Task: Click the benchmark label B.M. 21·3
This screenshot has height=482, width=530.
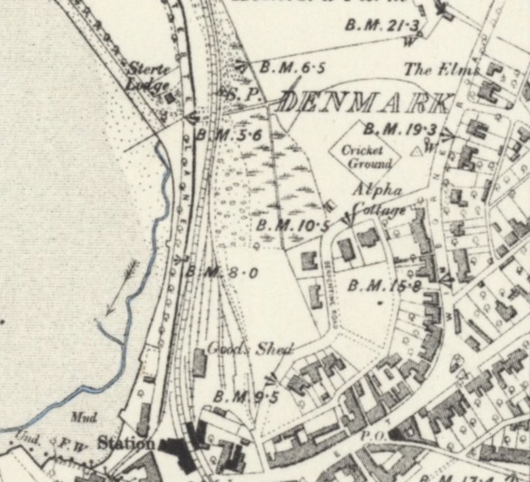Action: click(382, 26)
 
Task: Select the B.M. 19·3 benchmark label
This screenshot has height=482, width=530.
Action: click(399, 129)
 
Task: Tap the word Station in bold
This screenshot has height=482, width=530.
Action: click(126, 442)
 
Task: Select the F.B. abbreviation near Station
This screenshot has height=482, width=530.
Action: click(64, 442)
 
